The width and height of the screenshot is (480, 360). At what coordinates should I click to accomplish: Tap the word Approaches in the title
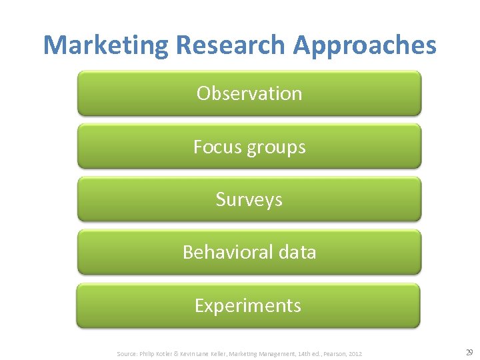365,45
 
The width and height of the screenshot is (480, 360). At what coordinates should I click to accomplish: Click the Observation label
249,93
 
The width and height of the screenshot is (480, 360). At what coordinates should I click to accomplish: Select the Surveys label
249,200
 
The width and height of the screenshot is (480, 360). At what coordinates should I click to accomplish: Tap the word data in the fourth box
297,252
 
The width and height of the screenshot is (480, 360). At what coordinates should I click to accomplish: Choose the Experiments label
248,305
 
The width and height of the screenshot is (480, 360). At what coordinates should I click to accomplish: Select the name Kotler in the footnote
164,353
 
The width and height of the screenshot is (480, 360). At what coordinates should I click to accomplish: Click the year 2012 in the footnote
355,353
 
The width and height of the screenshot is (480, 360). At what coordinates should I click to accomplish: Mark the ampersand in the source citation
177,353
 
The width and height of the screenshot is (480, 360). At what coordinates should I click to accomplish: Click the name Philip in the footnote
147,353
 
